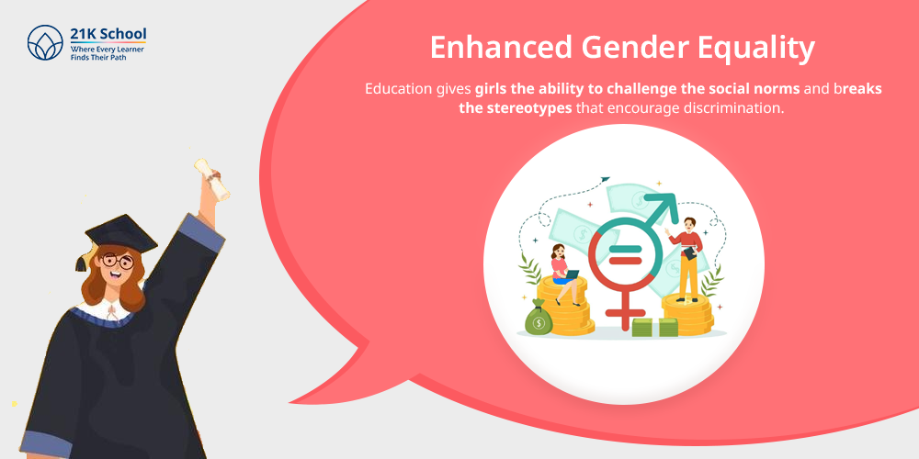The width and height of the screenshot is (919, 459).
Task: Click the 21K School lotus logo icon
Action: [44, 42]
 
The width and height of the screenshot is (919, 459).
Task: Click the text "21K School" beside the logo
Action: [108, 34]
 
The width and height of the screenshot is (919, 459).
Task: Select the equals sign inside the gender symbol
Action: [626, 254]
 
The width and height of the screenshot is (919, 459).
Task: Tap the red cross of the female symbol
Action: [626, 312]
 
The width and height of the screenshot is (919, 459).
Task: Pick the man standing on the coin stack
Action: [686, 257]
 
